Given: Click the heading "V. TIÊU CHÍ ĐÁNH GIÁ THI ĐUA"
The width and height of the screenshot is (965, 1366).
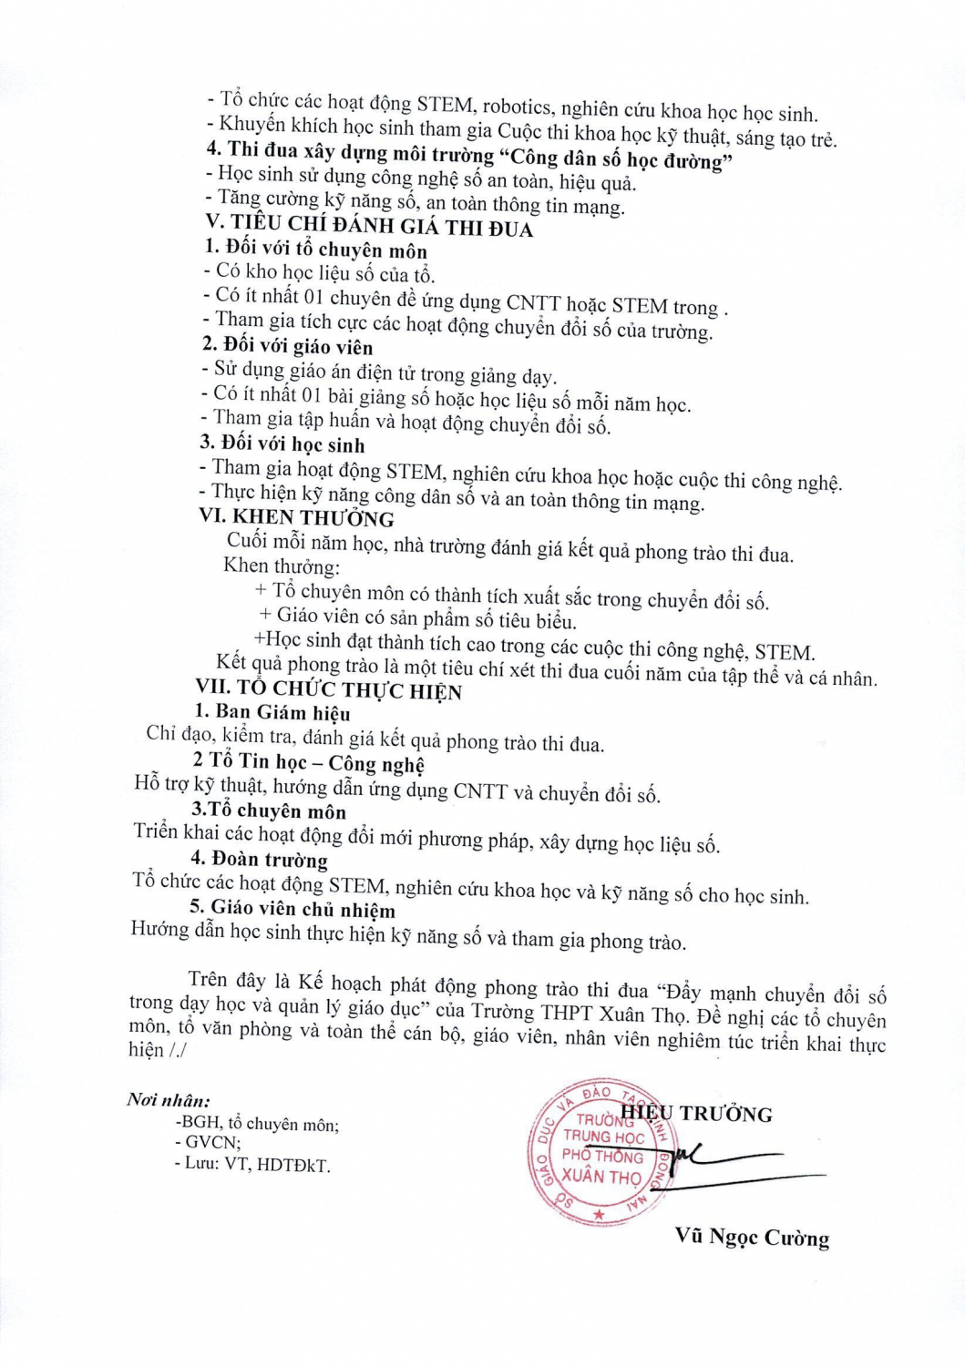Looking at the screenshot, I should coord(369,225).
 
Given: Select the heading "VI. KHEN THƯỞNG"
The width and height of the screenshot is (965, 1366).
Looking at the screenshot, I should coord(297,517).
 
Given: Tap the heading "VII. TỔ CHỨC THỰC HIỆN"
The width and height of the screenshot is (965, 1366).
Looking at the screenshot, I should coord(329,689).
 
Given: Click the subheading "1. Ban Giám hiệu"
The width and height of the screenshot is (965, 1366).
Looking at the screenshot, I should coord(272,712).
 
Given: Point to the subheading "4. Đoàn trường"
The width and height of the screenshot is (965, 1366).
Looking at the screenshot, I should coord(259,859).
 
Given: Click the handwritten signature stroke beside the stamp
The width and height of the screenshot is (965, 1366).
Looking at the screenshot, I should coord(720,1161).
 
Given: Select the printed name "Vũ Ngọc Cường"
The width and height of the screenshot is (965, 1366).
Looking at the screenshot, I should coord(752,1237).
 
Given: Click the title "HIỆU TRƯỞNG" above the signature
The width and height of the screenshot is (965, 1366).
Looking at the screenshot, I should coord(697,1113).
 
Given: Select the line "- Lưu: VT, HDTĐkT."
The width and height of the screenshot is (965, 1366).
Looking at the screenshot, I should coord(252,1164).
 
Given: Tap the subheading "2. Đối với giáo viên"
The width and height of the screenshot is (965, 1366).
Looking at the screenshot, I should coord(287,346).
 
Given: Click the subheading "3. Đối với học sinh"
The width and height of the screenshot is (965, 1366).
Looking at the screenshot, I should coord(282,444).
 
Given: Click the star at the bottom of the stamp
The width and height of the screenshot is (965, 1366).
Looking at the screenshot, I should coord(599,1215).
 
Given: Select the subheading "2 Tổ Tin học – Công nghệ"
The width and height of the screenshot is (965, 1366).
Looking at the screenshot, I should coord(308,762).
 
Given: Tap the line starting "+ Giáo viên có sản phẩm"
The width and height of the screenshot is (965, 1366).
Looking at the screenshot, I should coord(418,619).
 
